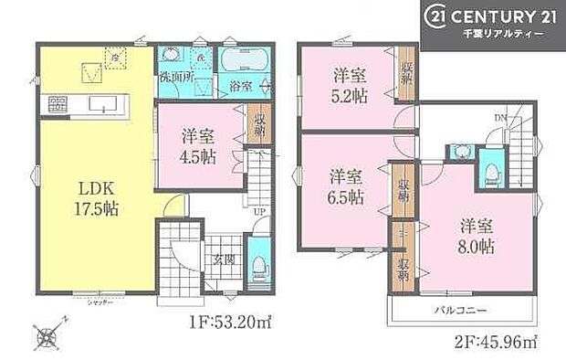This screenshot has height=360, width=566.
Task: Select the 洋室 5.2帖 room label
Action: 350,86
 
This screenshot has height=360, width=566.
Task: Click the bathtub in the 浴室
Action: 244,64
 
